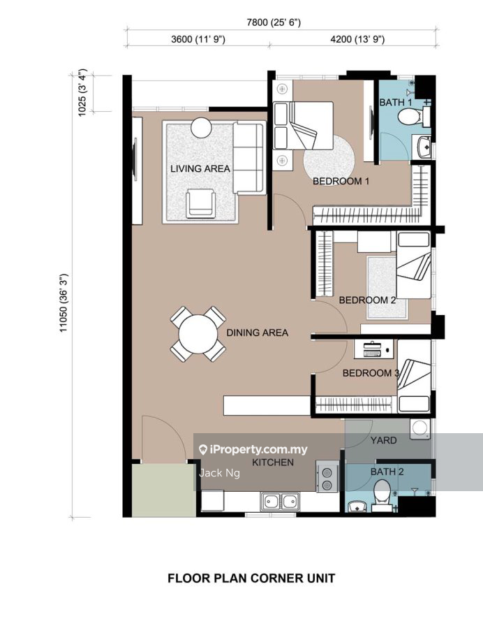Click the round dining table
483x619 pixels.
(x=198, y=334)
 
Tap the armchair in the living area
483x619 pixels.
(x=201, y=203)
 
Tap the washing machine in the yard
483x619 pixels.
(x=420, y=430)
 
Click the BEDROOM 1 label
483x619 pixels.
(x=341, y=182)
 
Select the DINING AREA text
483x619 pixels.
(x=257, y=333)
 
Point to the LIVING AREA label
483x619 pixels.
(x=200, y=169)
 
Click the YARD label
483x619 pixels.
(x=383, y=440)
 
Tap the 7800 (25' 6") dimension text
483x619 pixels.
(x=274, y=22)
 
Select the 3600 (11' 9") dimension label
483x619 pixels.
(x=198, y=39)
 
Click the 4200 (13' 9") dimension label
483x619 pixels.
(x=357, y=39)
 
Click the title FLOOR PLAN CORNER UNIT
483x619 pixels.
(x=251, y=578)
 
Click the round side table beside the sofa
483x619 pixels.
(x=201, y=128)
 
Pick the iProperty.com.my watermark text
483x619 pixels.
(x=253, y=449)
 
